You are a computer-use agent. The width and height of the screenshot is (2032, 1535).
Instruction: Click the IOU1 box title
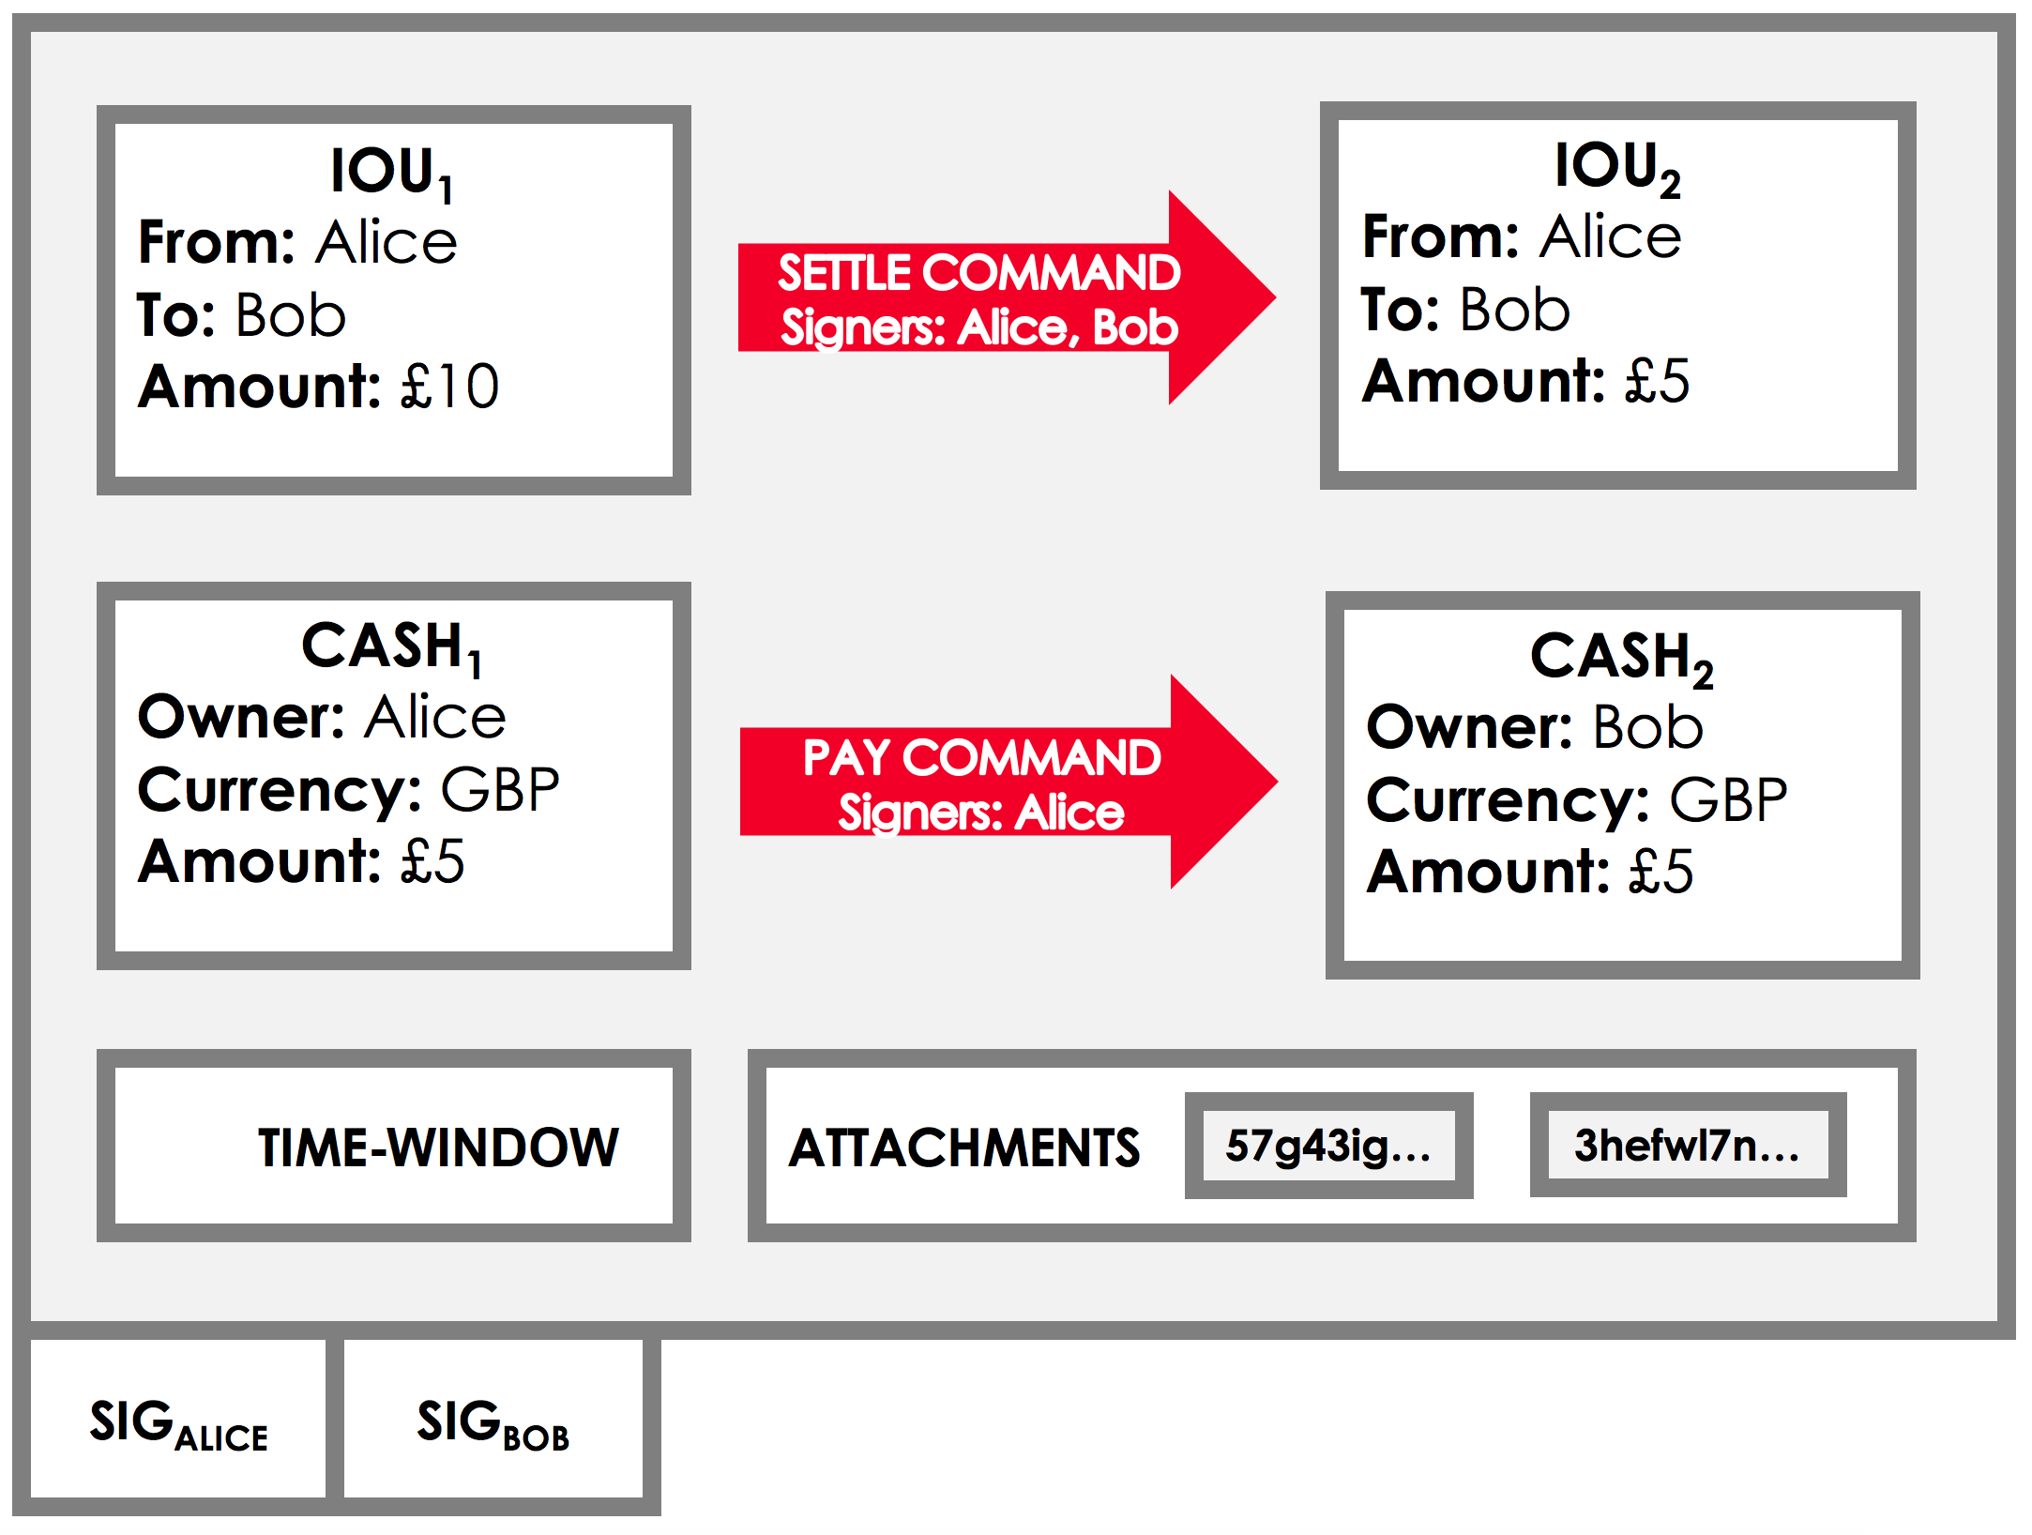[x=392, y=174]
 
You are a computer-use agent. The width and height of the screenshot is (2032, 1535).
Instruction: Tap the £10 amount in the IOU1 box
[x=449, y=386]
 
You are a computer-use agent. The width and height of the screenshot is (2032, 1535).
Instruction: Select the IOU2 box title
[x=1617, y=169]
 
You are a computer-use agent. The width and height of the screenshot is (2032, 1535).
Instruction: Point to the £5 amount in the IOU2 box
[x=1657, y=381]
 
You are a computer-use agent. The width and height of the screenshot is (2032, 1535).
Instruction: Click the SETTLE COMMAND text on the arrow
[x=978, y=273]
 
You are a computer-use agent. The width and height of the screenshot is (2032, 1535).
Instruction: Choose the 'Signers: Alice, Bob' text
[x=978, y=327]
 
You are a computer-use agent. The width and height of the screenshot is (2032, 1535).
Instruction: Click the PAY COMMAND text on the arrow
[x=981, y=757]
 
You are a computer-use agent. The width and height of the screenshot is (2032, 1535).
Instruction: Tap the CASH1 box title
[x=392, y=647]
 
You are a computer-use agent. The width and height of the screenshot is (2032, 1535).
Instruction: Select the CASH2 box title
[x=1622, y=658]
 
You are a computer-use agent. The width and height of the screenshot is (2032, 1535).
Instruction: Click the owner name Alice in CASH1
[x=435, y=718]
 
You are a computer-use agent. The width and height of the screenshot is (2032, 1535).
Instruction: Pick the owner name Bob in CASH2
[x=1648, y=727]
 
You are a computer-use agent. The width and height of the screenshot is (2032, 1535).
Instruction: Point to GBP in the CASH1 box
[x=500, y=789]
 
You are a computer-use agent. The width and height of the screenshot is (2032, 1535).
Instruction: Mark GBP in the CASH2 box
[x=1728, y=800]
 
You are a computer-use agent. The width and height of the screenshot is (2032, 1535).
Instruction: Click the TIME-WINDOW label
[x=438, y=1147]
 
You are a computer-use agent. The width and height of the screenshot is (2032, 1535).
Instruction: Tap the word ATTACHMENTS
[x=964, y=1148]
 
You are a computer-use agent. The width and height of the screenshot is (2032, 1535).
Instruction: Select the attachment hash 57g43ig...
[x=1328, y=1146]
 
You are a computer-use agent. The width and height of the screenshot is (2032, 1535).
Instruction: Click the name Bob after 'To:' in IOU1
[x=291, y=314]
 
